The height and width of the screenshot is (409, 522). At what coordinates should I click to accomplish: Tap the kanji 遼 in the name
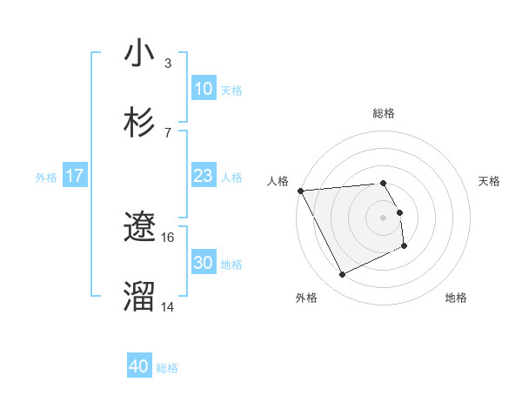pos(139,227)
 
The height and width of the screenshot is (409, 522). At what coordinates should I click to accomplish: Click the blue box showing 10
pos(203,89)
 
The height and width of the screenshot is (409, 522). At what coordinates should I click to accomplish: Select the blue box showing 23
pos(203,177)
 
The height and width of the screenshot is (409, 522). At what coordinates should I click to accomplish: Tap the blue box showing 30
pos(203,264)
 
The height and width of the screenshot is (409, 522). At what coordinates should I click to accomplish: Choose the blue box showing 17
pos(74,177)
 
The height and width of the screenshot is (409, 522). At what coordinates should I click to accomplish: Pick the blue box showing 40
pos(139,367)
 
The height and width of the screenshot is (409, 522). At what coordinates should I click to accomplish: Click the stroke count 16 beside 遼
pos(168,237)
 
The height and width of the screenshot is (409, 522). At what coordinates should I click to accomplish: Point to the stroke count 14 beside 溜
pos(168,306)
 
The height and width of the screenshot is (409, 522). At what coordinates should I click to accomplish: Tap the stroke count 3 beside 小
pos(168,63)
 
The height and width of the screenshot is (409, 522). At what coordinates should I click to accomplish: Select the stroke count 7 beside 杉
pos(168,132)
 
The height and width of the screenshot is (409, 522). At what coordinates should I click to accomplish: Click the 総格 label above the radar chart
pos(384,113)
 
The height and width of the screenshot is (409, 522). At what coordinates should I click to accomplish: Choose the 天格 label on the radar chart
pos(490,181)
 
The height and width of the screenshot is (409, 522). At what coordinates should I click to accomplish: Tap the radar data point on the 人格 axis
pos(300,191)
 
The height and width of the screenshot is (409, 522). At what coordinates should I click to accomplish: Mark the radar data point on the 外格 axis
pos(342,275)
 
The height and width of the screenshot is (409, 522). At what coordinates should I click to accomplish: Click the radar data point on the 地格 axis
pos(405,246)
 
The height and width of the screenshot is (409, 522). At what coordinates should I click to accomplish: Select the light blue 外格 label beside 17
pos(46,178)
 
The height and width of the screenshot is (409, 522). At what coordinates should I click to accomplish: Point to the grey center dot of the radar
pos(384,217)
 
